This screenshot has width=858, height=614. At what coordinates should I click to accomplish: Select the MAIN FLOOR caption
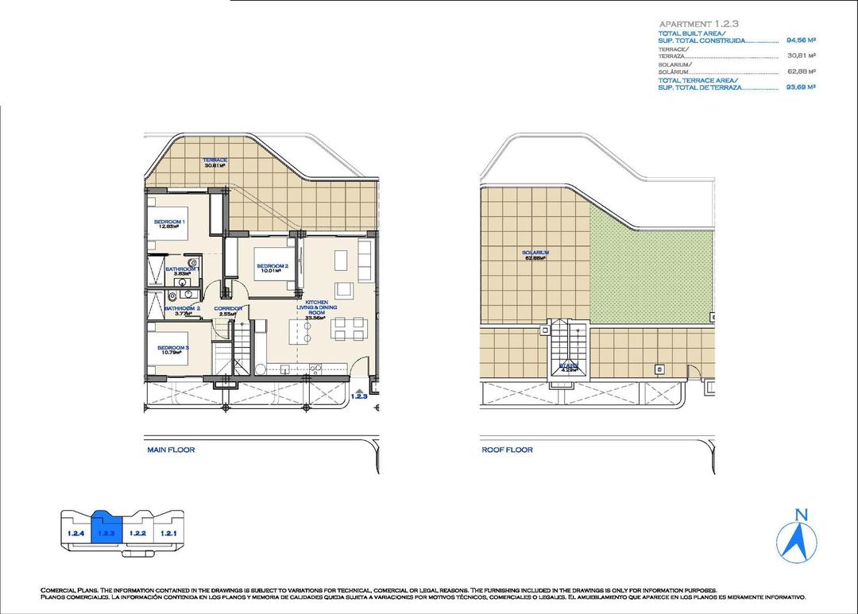click(171, 450)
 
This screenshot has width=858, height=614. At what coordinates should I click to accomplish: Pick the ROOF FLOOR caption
click(507, 450)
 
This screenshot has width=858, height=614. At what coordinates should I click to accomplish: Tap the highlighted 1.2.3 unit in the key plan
click(106, 531)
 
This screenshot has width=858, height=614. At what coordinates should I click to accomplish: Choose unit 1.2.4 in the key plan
click(76, 533)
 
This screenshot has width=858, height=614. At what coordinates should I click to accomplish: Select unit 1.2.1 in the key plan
click(168, 533)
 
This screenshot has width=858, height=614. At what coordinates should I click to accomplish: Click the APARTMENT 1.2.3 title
click(693, 24)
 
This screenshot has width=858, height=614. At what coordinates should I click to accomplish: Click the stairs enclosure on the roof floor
click(568, 349)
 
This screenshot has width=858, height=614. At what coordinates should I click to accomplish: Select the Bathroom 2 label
click(182, 310)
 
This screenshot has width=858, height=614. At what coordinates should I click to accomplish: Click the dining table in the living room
click(348, 327)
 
